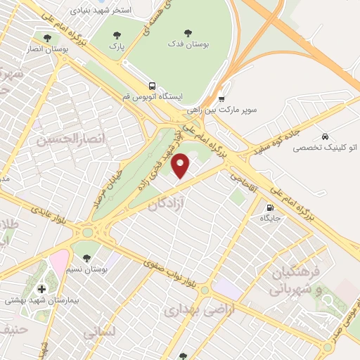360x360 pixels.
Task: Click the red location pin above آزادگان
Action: pos(181,165)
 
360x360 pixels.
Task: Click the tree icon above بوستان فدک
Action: pos(187,32)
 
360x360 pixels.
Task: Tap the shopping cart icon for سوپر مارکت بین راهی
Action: pos(221,99)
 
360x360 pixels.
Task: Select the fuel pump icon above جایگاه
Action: pos(270,207)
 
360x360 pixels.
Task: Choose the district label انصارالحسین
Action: pos(59,141)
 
